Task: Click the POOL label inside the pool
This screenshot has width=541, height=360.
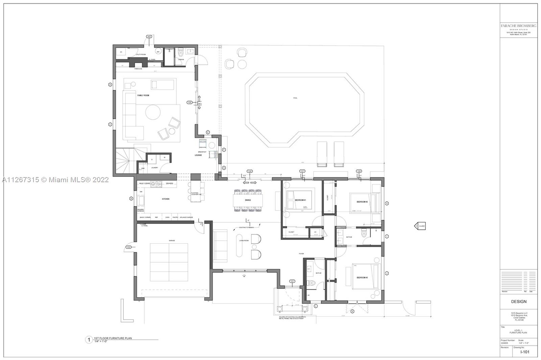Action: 295,98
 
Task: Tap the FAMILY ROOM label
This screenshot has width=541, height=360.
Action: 143,96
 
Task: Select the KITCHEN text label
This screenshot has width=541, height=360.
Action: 166,199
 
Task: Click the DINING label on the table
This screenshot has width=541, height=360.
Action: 248,200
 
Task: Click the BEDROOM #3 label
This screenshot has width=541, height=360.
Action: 362,278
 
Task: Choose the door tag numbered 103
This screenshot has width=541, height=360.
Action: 149,36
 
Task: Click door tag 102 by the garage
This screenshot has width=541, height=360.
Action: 128,247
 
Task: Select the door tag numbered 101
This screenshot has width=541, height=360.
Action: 292,281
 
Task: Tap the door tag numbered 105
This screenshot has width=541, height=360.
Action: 189,102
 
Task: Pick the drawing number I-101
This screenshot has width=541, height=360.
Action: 524,352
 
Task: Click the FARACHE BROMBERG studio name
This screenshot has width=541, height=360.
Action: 518,26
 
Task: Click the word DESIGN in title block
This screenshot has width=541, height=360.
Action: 518,302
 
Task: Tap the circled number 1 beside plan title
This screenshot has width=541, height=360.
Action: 89,339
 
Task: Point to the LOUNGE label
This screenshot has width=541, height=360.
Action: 198,155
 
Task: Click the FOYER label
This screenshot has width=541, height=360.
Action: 301,254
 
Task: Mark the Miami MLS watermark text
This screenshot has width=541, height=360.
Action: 55,180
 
